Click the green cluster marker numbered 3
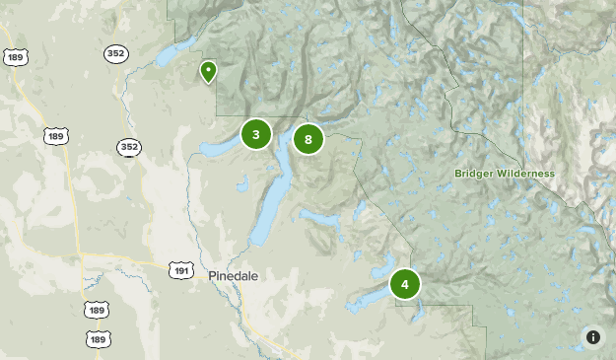coord(256,134)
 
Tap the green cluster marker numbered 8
coord(308,140)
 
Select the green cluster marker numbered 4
coord(404,284)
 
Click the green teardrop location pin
coord(208,72)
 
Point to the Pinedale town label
coord(234,276)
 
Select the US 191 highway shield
coord(180,269)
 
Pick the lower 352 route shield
coord(128,147)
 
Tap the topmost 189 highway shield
coord(15,57)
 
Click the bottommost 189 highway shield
coord(97,339)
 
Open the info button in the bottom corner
coord(592,337)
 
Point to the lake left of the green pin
coord(177,57)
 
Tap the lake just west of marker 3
coord(217,149)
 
